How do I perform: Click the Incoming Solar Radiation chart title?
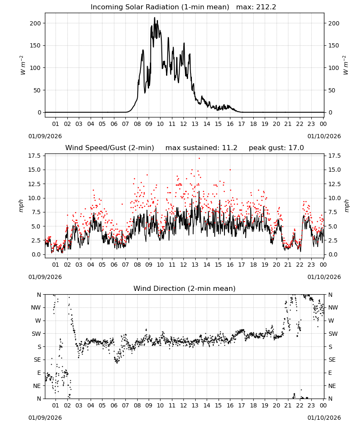160,7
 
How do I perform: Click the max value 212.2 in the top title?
266,7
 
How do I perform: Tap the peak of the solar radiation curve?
155,17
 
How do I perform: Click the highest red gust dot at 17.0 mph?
199,158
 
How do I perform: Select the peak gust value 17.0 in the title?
296,148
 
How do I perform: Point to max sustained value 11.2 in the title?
230,148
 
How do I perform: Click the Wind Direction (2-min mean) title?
185,288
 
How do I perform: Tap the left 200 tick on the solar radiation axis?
36,23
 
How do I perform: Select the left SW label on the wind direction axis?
36,334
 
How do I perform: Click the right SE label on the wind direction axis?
332,360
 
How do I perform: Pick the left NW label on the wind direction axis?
36,307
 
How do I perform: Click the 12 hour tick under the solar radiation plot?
184,124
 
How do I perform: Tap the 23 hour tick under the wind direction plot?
311,405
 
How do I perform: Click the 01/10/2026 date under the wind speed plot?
324,277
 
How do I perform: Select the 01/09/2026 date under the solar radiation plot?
45,136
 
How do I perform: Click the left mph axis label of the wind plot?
21,206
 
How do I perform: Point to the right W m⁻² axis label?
346,65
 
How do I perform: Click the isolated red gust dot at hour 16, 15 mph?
230,170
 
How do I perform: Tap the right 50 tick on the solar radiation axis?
332,90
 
